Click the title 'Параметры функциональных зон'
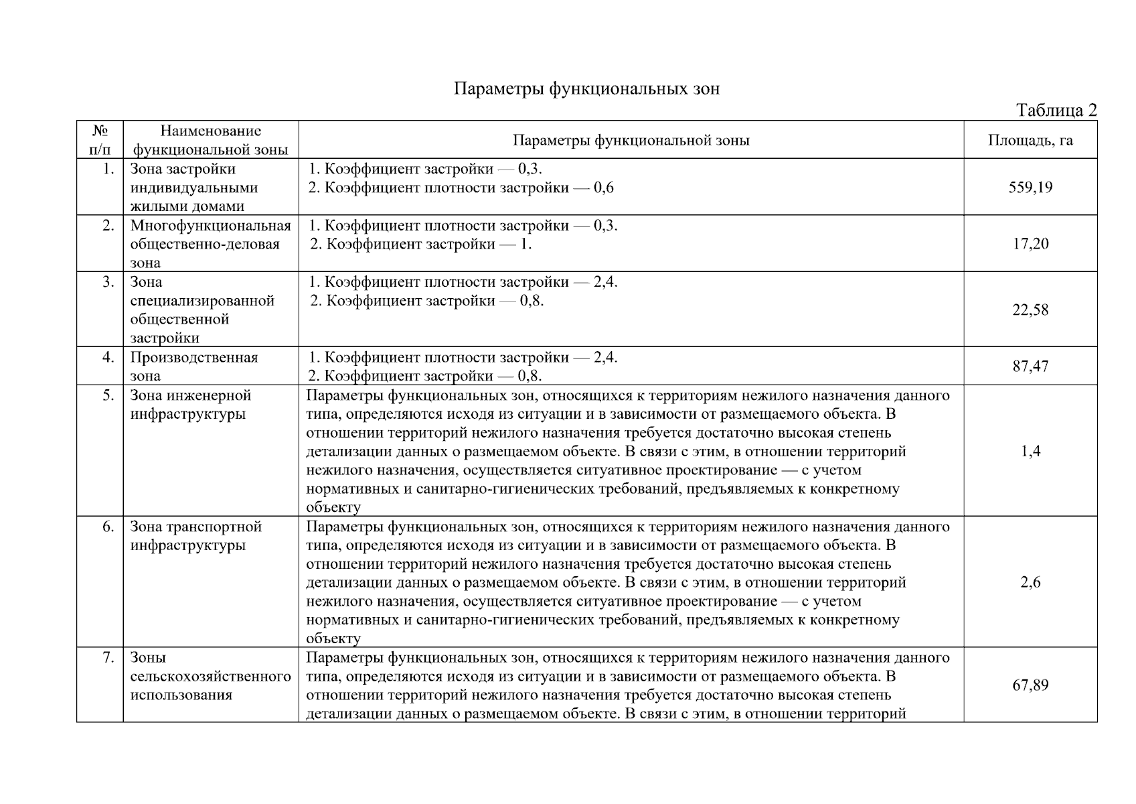[586, 88]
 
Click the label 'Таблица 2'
[1056, 111]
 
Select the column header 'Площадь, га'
[1030, 141]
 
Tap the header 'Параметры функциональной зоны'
[631, 141]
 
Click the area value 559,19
[1030, 188]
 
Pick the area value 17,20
[1030, 244]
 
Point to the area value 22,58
[1030, 310]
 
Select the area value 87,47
[1030, 366]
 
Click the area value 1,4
[1030, 451]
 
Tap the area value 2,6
[1030, 582]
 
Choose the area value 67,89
[1030, 685]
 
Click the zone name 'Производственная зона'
[194, 366]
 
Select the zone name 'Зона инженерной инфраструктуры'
[190, 405]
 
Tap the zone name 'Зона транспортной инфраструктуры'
[195, 536]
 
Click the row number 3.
[108, 282]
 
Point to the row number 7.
[108, 658]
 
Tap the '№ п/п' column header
[99, 140]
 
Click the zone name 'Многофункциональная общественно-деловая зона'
[210, 244]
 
